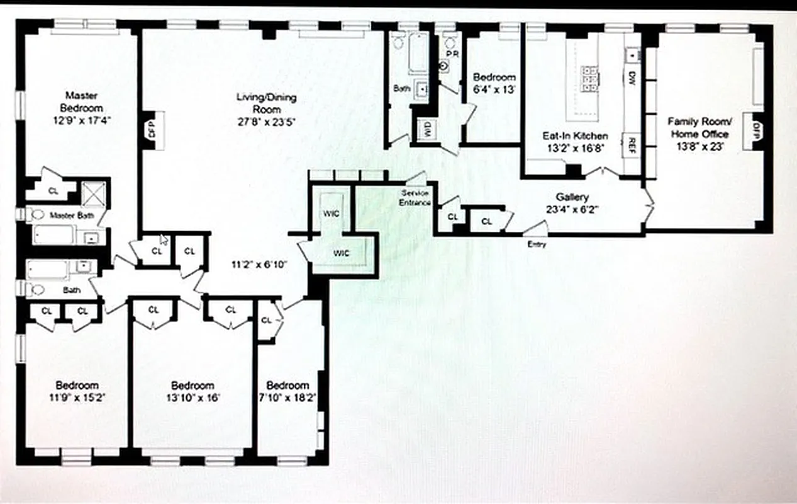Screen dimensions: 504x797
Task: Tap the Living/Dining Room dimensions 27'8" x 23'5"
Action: click(x=266, y=122)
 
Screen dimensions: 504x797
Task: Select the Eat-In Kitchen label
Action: click(x=575, y=135)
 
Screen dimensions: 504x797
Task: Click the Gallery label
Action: click(x=572, y=197)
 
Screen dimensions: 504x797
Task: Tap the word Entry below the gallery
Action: click(x=537, y=244)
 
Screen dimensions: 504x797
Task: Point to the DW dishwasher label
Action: click(x=631, y=78)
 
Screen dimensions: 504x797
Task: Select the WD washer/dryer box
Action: click(x=428, y=130)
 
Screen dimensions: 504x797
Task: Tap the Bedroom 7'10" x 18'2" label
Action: click(x=287, y=391)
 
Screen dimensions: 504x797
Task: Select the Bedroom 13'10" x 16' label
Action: click(x=192, y=391)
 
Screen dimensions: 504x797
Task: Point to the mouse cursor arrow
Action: click(x=163, y=239)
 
